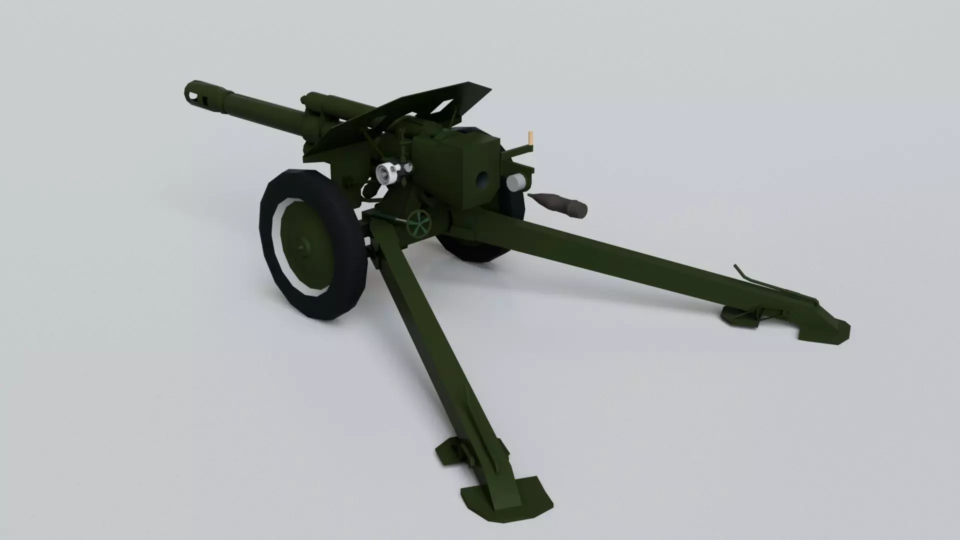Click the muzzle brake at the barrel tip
199,94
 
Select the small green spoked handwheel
418,223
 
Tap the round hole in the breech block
482,178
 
